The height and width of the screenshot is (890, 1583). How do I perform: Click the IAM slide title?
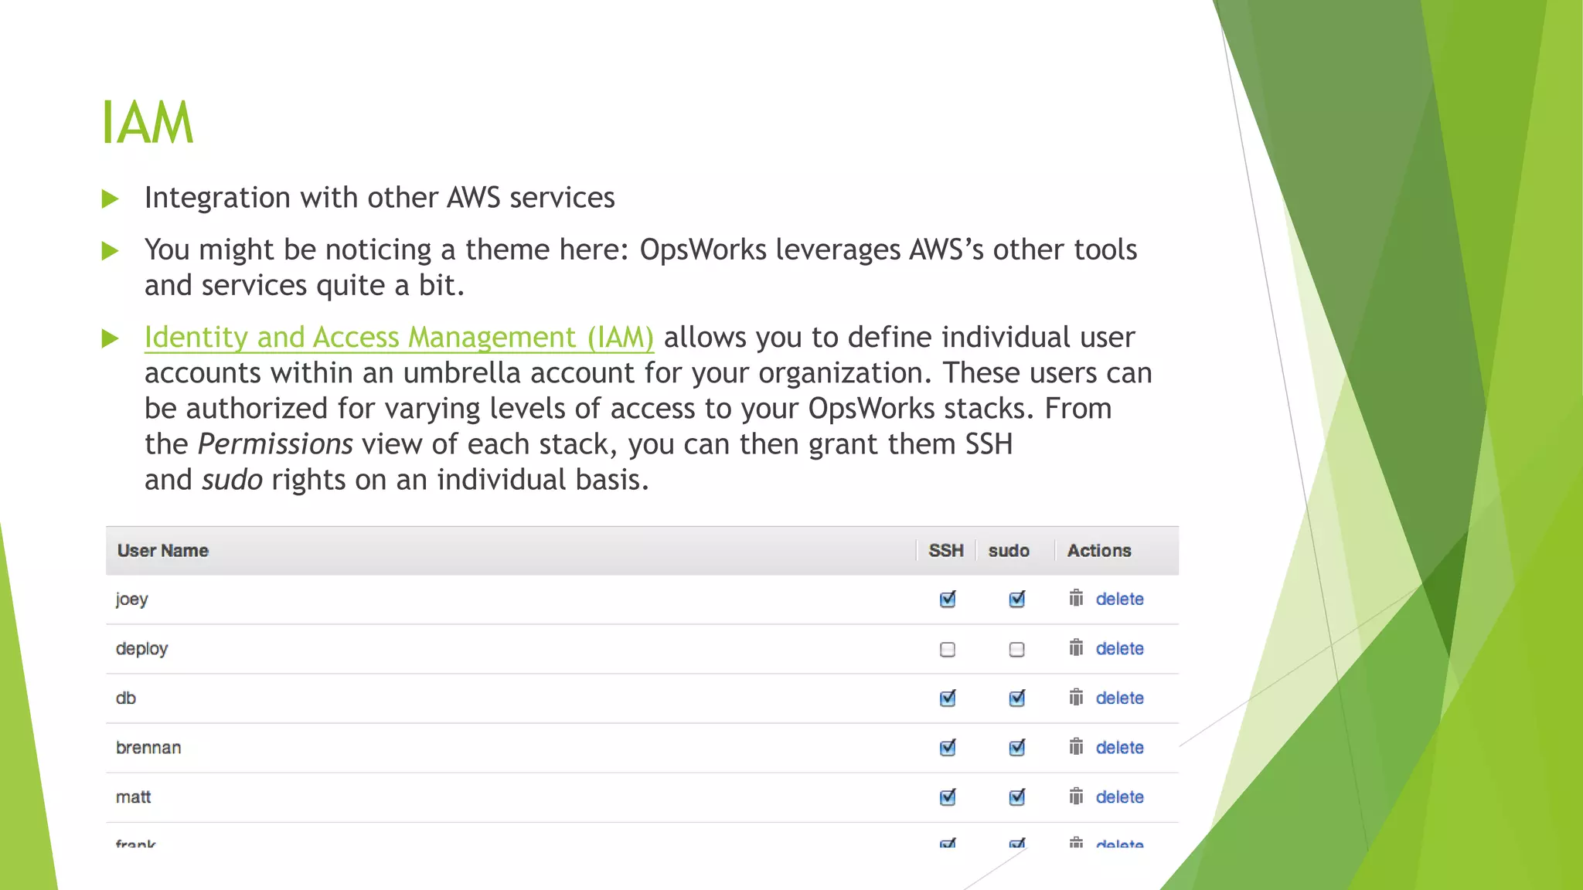coord(147,123)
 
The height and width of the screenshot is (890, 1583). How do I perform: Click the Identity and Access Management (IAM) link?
coord(399,338)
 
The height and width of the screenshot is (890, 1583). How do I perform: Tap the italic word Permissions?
coord(275,444)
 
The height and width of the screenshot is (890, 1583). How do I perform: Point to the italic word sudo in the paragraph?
coord(232,480)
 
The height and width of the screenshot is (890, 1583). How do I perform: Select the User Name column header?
coord(163,551)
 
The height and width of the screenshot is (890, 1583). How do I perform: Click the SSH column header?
coord(946,551)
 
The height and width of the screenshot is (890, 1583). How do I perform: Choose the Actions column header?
coord(1099,551)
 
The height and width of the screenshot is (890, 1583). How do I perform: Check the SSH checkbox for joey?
coord(948,600)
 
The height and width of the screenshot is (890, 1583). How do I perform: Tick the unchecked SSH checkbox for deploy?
coord(948,650)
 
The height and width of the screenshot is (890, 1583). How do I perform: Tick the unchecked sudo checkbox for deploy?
coord(1017,650)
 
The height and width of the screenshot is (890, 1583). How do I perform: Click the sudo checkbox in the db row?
coord(1017,698)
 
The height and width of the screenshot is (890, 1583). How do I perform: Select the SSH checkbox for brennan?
coord(948,748)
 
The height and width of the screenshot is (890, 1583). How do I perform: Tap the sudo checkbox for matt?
coord(1017,797)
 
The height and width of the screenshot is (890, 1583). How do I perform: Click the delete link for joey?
coord(1119,600)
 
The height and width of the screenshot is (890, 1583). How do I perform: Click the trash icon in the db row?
coord(1076,698)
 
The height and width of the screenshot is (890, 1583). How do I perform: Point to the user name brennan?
coord(148,748)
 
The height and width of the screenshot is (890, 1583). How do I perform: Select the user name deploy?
coord(141,649)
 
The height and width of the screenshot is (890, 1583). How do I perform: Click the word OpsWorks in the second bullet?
coord(703,250)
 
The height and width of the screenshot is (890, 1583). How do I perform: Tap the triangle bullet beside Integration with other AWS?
coord(111,199)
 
